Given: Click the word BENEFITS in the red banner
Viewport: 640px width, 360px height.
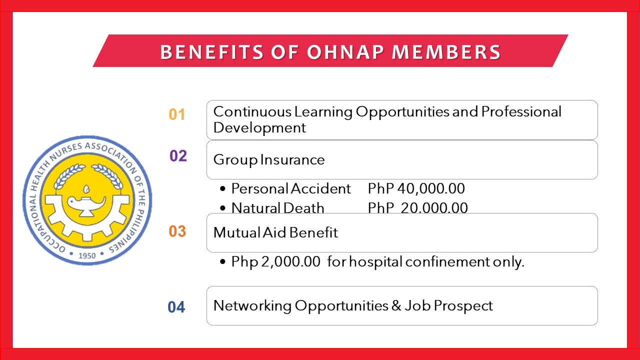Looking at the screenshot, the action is pyautogui.click(x=211, y=52).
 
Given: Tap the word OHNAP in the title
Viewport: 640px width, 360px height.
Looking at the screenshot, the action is pyautogui.click(x=345, y=52).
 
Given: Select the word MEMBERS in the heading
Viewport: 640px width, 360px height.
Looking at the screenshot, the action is pyautogui.click(x=446, y=52).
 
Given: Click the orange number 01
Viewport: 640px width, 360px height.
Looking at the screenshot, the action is pyautogui.click(x=177, y=114).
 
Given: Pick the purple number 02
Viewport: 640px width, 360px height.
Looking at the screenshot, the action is pyautogui.click(x=178, y=156).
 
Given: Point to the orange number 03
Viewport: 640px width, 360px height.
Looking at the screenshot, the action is pyautogui.click(x=177, y=231).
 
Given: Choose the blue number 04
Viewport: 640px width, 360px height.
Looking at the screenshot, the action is pyautogui.click(x=176, y=307).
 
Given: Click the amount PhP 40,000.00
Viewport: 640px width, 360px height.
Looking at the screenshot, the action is pyautogui.click(x=416, y=188).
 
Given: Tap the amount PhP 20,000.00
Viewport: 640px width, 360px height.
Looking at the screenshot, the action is pyautogui.click(x=417, y=207).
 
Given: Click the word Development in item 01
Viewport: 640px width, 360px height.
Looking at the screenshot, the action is pyautogui.click(x=259, y=127).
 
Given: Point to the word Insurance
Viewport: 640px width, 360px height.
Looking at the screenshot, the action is pyautogui.click(x=292, y=159).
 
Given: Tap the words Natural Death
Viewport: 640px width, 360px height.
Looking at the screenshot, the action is pyautogui.click(x=277, y=207).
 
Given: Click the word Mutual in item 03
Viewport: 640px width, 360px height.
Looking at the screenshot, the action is pyautogui.click(x=237, y=232).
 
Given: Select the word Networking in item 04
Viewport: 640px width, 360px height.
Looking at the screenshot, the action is pyautogui.click(x=252, y=305).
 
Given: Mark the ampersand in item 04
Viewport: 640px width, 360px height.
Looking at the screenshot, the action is pyautogui.click(x=396, y=305).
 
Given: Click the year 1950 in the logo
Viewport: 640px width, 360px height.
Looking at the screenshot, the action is pyautogui.click(x=87, y=255).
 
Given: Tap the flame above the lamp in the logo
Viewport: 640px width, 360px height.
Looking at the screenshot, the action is pyautogui.click(x=86, y=189).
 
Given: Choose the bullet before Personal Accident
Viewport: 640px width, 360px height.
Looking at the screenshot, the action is pyautogui.click(x=223, y=188).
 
